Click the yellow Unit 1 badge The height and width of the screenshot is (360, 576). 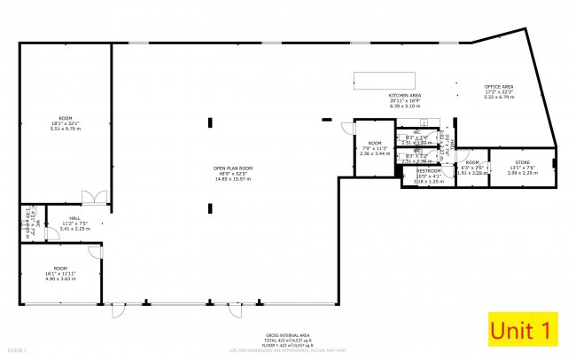tap(522, 331)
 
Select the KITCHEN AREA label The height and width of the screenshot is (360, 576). tap(404, 95)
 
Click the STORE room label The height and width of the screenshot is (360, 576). tap(522, 162)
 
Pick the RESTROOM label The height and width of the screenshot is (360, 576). tap(430, 170)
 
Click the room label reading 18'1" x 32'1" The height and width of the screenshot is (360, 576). tap(65, 123)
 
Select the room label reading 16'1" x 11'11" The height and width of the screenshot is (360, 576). tap(60, 273)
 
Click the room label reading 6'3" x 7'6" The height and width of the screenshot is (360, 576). tap(471, 168)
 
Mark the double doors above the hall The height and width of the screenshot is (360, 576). tap(94, 197)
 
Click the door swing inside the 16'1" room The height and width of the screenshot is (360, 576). tap(95, 253)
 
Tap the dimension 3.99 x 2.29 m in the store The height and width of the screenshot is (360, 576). tap(522, 173)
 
